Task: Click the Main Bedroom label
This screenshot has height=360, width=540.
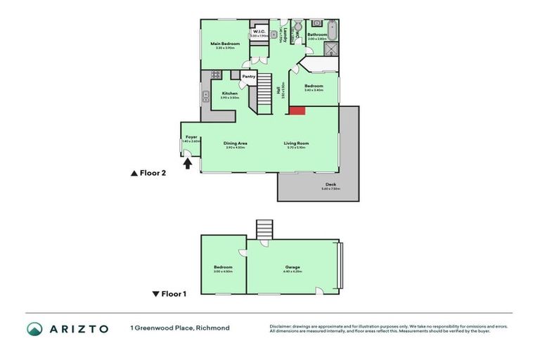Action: click(226, 44)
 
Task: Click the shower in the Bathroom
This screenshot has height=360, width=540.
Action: click(333, 49)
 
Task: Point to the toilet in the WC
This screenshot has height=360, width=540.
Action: click(297, 24)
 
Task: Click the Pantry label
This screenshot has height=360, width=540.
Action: click(249, 77)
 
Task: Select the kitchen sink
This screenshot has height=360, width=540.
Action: click(206, 97)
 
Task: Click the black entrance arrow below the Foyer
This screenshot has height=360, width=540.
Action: click(188, 163)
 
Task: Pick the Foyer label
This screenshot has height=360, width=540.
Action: click(191, 136)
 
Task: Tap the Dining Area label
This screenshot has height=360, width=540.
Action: click(235, 143)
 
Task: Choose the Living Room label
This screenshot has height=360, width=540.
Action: click(296, 143)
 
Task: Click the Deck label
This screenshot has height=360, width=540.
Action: click(330, 185)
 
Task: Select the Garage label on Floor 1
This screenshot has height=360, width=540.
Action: click(293, 267)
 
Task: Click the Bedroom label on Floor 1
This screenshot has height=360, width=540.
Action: click(223, 267)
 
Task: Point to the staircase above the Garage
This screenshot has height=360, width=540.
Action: click(264, 229)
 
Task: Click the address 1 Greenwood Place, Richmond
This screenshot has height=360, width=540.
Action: click(179, 328)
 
